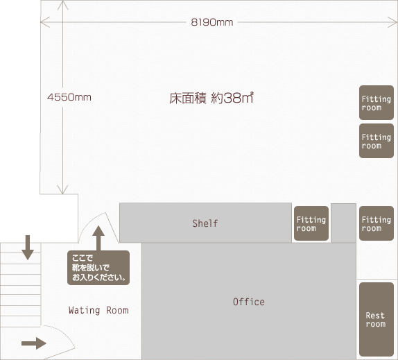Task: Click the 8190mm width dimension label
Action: [x=212, y=22]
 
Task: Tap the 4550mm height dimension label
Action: [x=69, y=97]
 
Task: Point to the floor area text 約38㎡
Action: [x=232, y=98]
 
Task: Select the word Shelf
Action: [x=205, y=223]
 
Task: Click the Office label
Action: [x=249, y=302]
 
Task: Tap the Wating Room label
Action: [x=98, y=310]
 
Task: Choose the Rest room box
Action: [x=377, y=319]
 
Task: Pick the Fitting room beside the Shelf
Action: [x=311, y=223]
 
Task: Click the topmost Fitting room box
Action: [x=377, y=103]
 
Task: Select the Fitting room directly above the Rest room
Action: [x=377, y=223]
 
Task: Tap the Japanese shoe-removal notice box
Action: [x=98, y=268]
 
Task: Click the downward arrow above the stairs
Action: [x=28, y=248]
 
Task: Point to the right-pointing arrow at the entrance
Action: [x=34, y=343]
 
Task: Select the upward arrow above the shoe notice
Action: [x=98, y=238]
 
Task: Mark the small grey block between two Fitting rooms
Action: [x=344, y=223]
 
